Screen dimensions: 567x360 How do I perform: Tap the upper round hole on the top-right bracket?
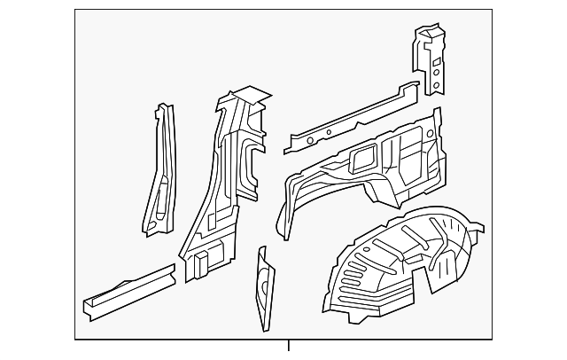[434, 52]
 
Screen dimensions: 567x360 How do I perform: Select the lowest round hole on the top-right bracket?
[435, 86]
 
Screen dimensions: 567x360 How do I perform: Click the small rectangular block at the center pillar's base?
[201, 262]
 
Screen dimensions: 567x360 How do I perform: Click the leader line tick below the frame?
[289, 347]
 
